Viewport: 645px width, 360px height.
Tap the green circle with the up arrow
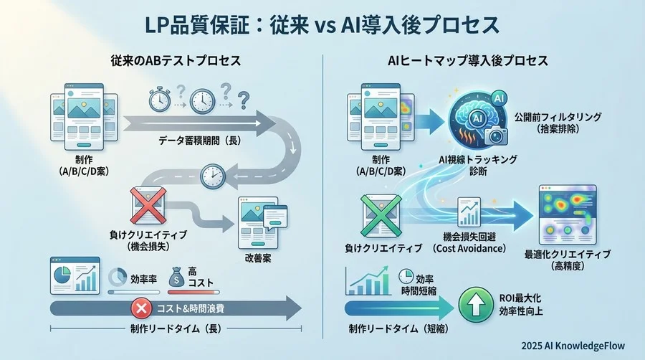click(x=473, y=302)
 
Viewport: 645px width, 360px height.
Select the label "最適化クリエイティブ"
click(x=568, y=255)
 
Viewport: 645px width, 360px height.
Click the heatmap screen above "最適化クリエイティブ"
click(x=567, y=214)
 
